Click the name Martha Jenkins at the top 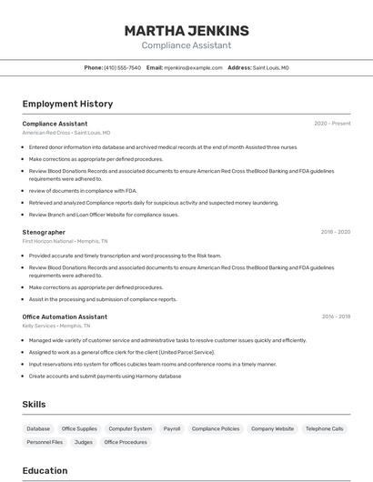click(x=186, y=31)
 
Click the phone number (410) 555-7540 click(x=122, y=67)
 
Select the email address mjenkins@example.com click(x=193, y=67)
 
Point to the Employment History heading click(x=67, y=104)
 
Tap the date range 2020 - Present click(x=332, y=124)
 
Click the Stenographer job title click(x=44, y=232)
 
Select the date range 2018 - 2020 click(x=336, y=232)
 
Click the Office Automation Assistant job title click(x=65, y=316)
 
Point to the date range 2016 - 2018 click(x=336, y=316)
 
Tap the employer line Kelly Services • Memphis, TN click(x=56, y=326)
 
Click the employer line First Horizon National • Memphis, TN click(x=65, y=241)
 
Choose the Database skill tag click(x=38, y=428)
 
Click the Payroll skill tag click(x=172, y=428)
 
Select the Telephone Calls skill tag click(x=325, y=428)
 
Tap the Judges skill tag click(x=84, y=442)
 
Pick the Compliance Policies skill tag click(x=216, y=428)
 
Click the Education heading click(x=45, y=470)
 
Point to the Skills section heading click(x=34, y=404)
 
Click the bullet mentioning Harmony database click(x=105, y=376)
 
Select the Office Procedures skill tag click(x=126, y=442)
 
